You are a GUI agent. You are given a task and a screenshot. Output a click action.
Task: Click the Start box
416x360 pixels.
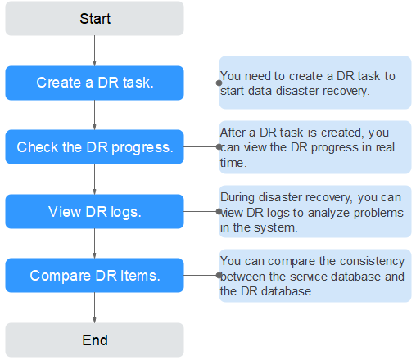(x=94, y=19)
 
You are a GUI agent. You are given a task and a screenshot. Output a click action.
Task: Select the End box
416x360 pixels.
(x=94, y=340)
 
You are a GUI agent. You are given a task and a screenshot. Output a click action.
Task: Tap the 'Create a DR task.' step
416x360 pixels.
(x=94, y=83)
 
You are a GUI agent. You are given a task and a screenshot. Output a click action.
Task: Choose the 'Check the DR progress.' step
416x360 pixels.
(x=94, y=146)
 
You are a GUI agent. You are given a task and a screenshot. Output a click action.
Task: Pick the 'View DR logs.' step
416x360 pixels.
(x=94, y=211)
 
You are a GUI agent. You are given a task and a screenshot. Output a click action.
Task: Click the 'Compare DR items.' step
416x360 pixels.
(x=94, y=275)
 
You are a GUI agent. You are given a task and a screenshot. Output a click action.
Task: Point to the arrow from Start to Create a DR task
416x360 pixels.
(x=94, y=51)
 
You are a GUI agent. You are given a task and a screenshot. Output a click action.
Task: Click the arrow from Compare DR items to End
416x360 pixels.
(x=94, y=308)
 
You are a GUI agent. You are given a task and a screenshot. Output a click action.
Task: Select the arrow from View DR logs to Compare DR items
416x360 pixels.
(x=94, y=243)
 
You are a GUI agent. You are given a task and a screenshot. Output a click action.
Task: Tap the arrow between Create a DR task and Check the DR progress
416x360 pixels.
(x=94, y=115)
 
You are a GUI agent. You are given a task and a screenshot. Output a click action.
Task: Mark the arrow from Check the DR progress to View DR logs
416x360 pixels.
(x=94, y=179)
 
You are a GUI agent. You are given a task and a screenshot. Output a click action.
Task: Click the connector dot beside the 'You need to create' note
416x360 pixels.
(x=219, y=83)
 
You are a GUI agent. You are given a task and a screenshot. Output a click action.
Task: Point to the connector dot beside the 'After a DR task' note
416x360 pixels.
(x=219, y=146)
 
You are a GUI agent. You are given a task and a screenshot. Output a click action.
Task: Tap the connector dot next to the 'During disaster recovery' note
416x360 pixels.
(x=219, y=211)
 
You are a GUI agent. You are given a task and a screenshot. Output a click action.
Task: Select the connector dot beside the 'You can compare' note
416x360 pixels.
(x=219, y=275)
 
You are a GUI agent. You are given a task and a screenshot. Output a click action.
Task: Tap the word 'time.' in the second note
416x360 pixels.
(x=233, y=163)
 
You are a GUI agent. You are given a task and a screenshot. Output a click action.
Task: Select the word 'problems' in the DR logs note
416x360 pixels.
(x=378, y=214)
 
